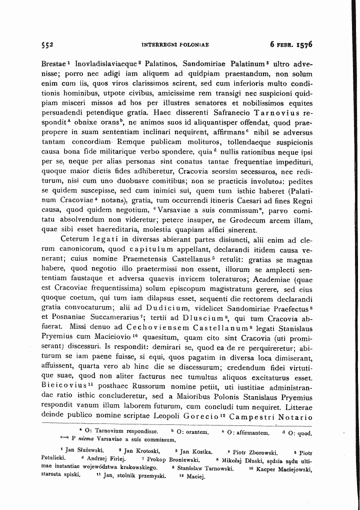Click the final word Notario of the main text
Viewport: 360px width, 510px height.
[299, 417]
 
